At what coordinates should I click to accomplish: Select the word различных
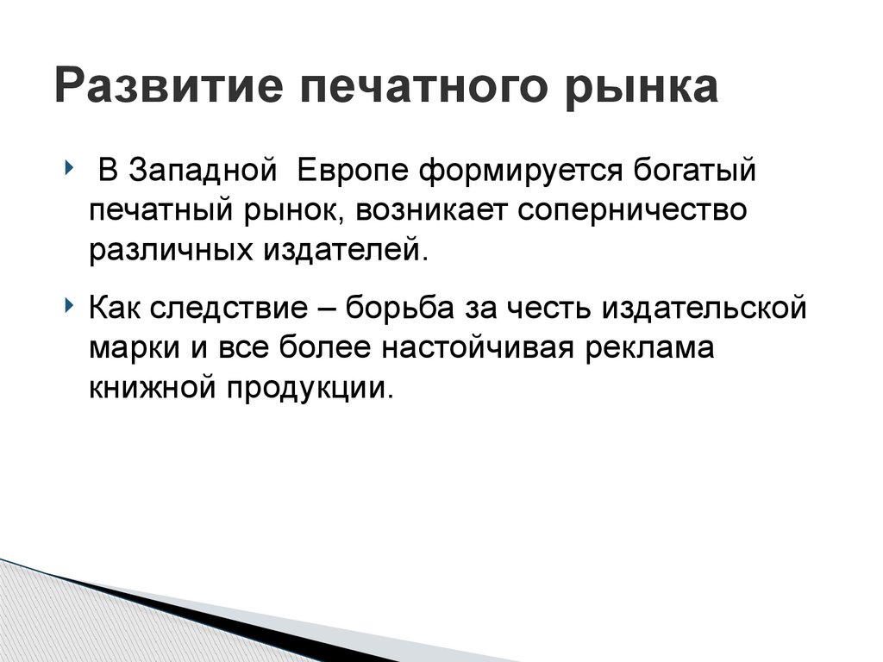(162, 252)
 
